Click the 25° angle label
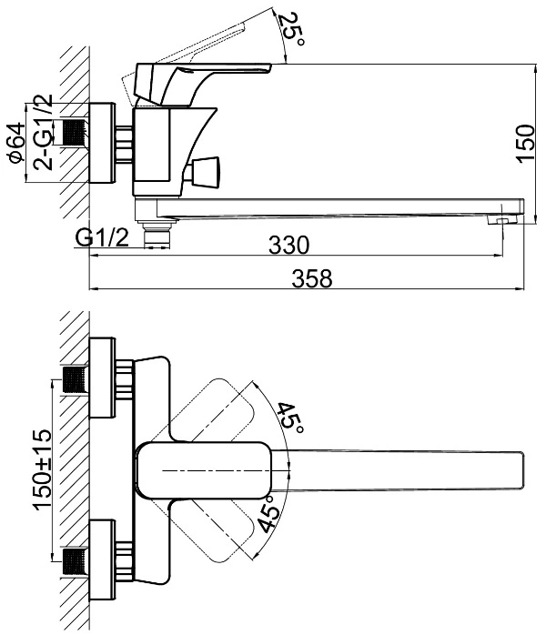tap(292, 29)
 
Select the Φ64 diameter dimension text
tap(17, 143)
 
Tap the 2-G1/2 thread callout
tap(44, 132)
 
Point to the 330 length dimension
tap(288, 245)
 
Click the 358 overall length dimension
tap(312, 278)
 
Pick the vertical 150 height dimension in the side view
tap(526, 144)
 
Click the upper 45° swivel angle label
tap(290, 418)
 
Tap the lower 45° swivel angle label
tap(269, 514)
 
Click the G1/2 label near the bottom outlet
tap(102, 237)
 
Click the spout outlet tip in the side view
tap(502, 220)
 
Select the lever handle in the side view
tap(203, 83)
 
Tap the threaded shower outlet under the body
tap(157, 234)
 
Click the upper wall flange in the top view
tap(102, 378)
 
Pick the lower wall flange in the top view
tap(102, 559)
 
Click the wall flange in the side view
tap(102, 143)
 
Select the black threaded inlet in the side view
tap(74, 132)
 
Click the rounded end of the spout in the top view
tap(521, 470)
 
